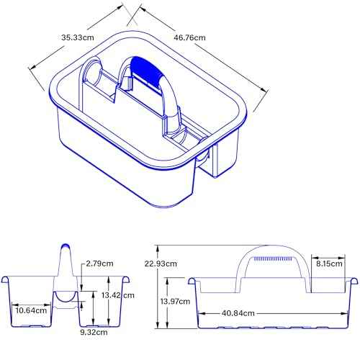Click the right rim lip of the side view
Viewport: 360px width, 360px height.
coord(354,278)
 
